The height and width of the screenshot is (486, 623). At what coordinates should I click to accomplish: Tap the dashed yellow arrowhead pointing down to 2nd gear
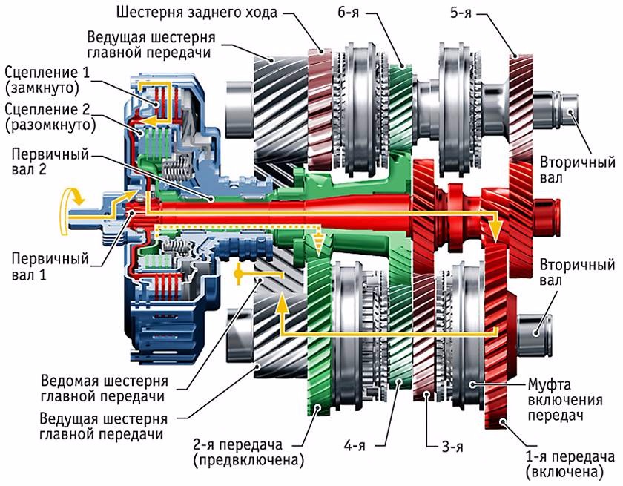(x=318, y=244)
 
